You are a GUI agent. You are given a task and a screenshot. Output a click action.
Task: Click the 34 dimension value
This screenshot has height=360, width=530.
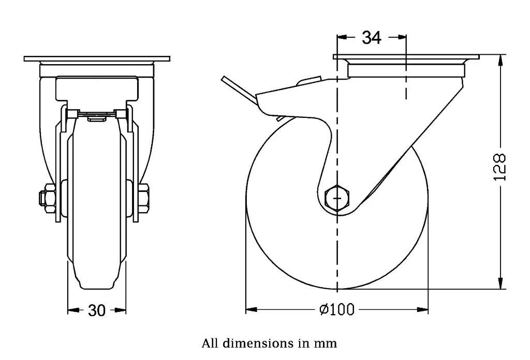coord(371,37)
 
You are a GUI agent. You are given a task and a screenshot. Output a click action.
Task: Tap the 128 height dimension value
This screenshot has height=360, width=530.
coord(499,167)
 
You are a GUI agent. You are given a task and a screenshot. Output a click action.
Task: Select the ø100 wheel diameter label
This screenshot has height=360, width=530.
coord(337,310)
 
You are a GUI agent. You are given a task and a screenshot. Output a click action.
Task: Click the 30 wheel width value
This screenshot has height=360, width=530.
coord(97,310)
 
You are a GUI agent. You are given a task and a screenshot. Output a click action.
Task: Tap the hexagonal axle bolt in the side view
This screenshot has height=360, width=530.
coord(337,198)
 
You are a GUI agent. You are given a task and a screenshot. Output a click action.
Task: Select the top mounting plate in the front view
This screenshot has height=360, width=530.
coord(97,58)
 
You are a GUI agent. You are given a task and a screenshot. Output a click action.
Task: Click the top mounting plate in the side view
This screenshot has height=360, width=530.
coord(406,57)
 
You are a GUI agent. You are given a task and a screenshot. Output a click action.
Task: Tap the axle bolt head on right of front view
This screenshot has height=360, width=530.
coord(144,198)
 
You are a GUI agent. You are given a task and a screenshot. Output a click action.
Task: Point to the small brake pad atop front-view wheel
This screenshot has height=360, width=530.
coord(97,117)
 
